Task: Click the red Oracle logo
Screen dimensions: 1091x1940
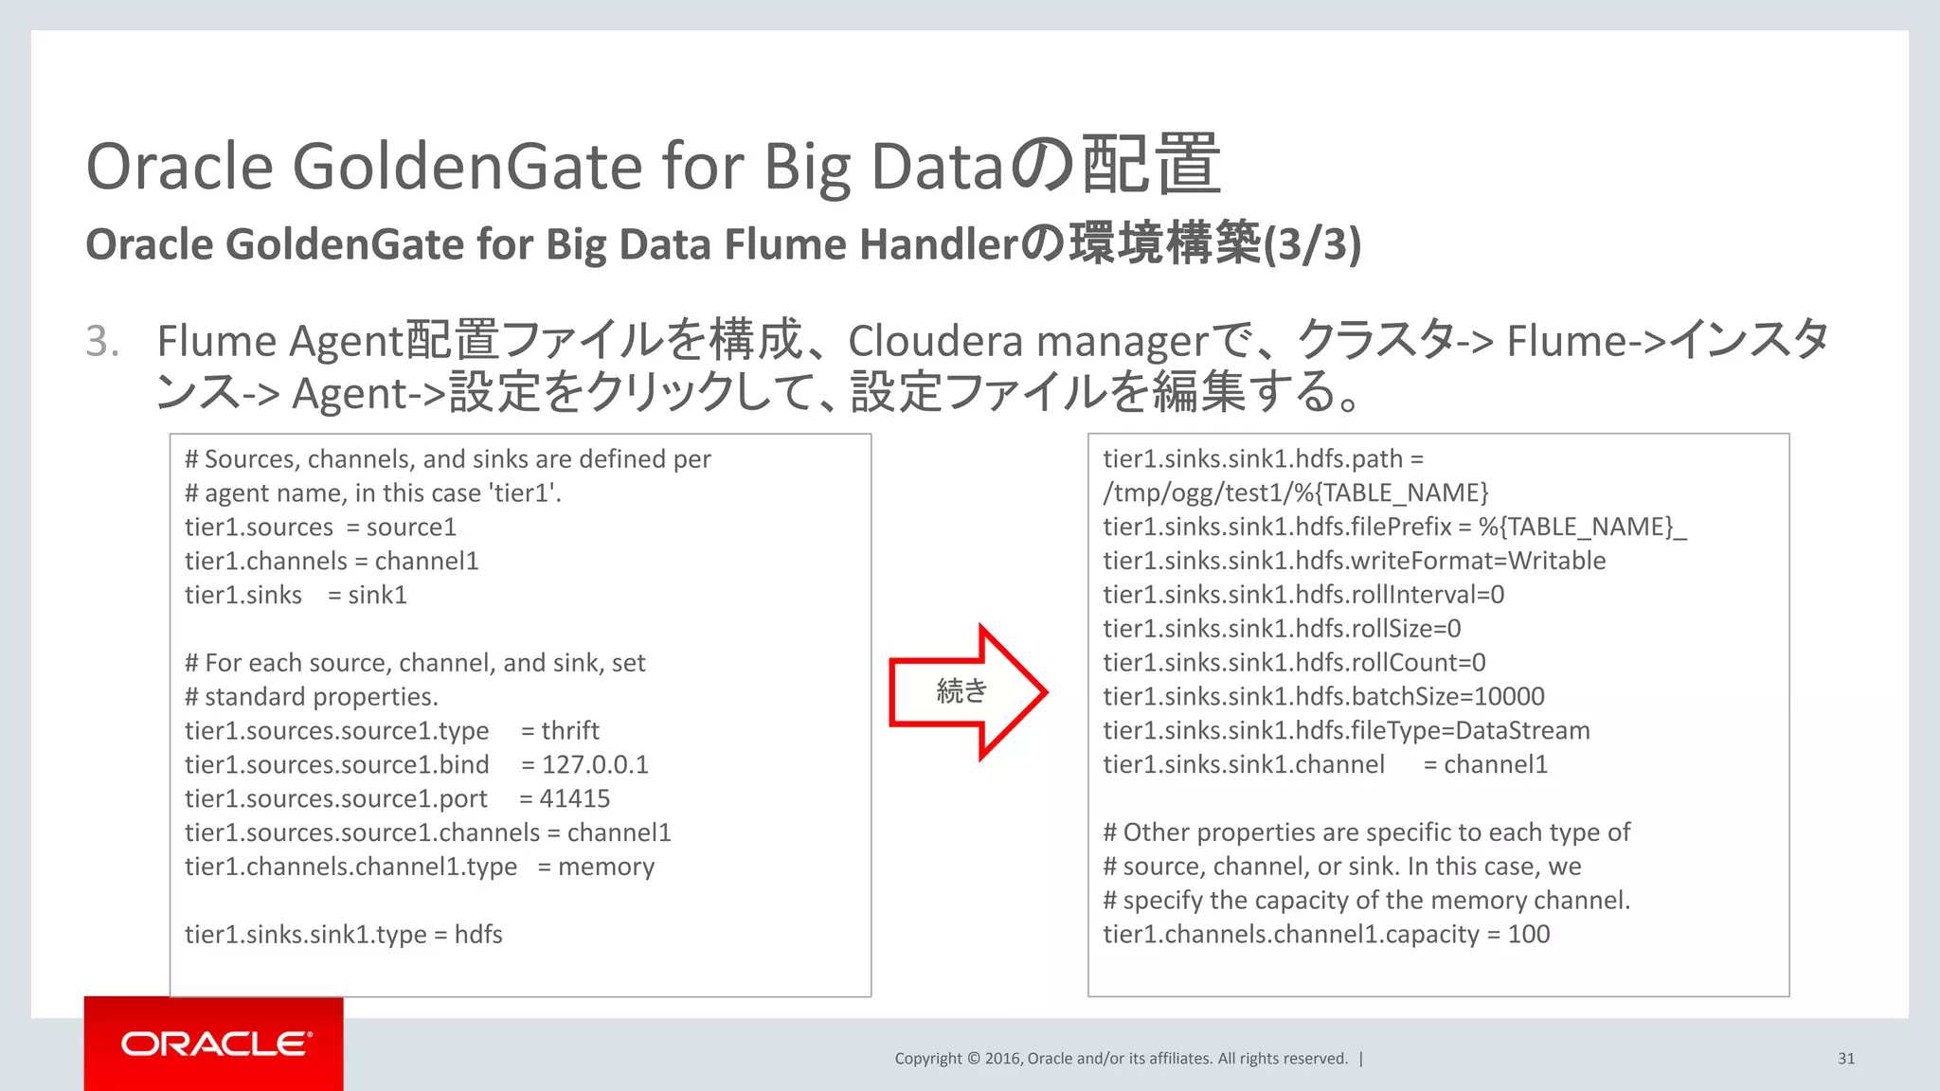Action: [214, 1044]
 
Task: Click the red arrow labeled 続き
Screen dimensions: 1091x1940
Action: [966, 692]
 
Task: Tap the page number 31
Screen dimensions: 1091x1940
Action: [1846, 1059]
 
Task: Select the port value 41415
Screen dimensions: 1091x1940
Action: [575, 798]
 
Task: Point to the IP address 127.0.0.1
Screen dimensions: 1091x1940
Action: [595, 764]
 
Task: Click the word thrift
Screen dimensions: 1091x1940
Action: [570, 730]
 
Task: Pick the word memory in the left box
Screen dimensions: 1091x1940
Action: [606, 867]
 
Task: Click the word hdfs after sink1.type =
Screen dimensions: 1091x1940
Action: [478, 935]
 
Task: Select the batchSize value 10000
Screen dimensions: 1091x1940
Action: [1509, 696]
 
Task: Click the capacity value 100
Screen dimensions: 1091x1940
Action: [1529, 935]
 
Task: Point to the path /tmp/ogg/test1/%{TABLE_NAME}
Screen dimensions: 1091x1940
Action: [1296, 492]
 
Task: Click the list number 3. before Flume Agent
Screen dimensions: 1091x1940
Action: [102, 341]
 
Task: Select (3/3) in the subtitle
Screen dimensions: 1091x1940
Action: [1313, 244]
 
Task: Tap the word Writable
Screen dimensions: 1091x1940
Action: [1557, 561]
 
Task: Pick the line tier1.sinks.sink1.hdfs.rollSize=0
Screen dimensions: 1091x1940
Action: [1282, 628]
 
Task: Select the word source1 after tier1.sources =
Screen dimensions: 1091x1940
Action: [411, 527]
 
